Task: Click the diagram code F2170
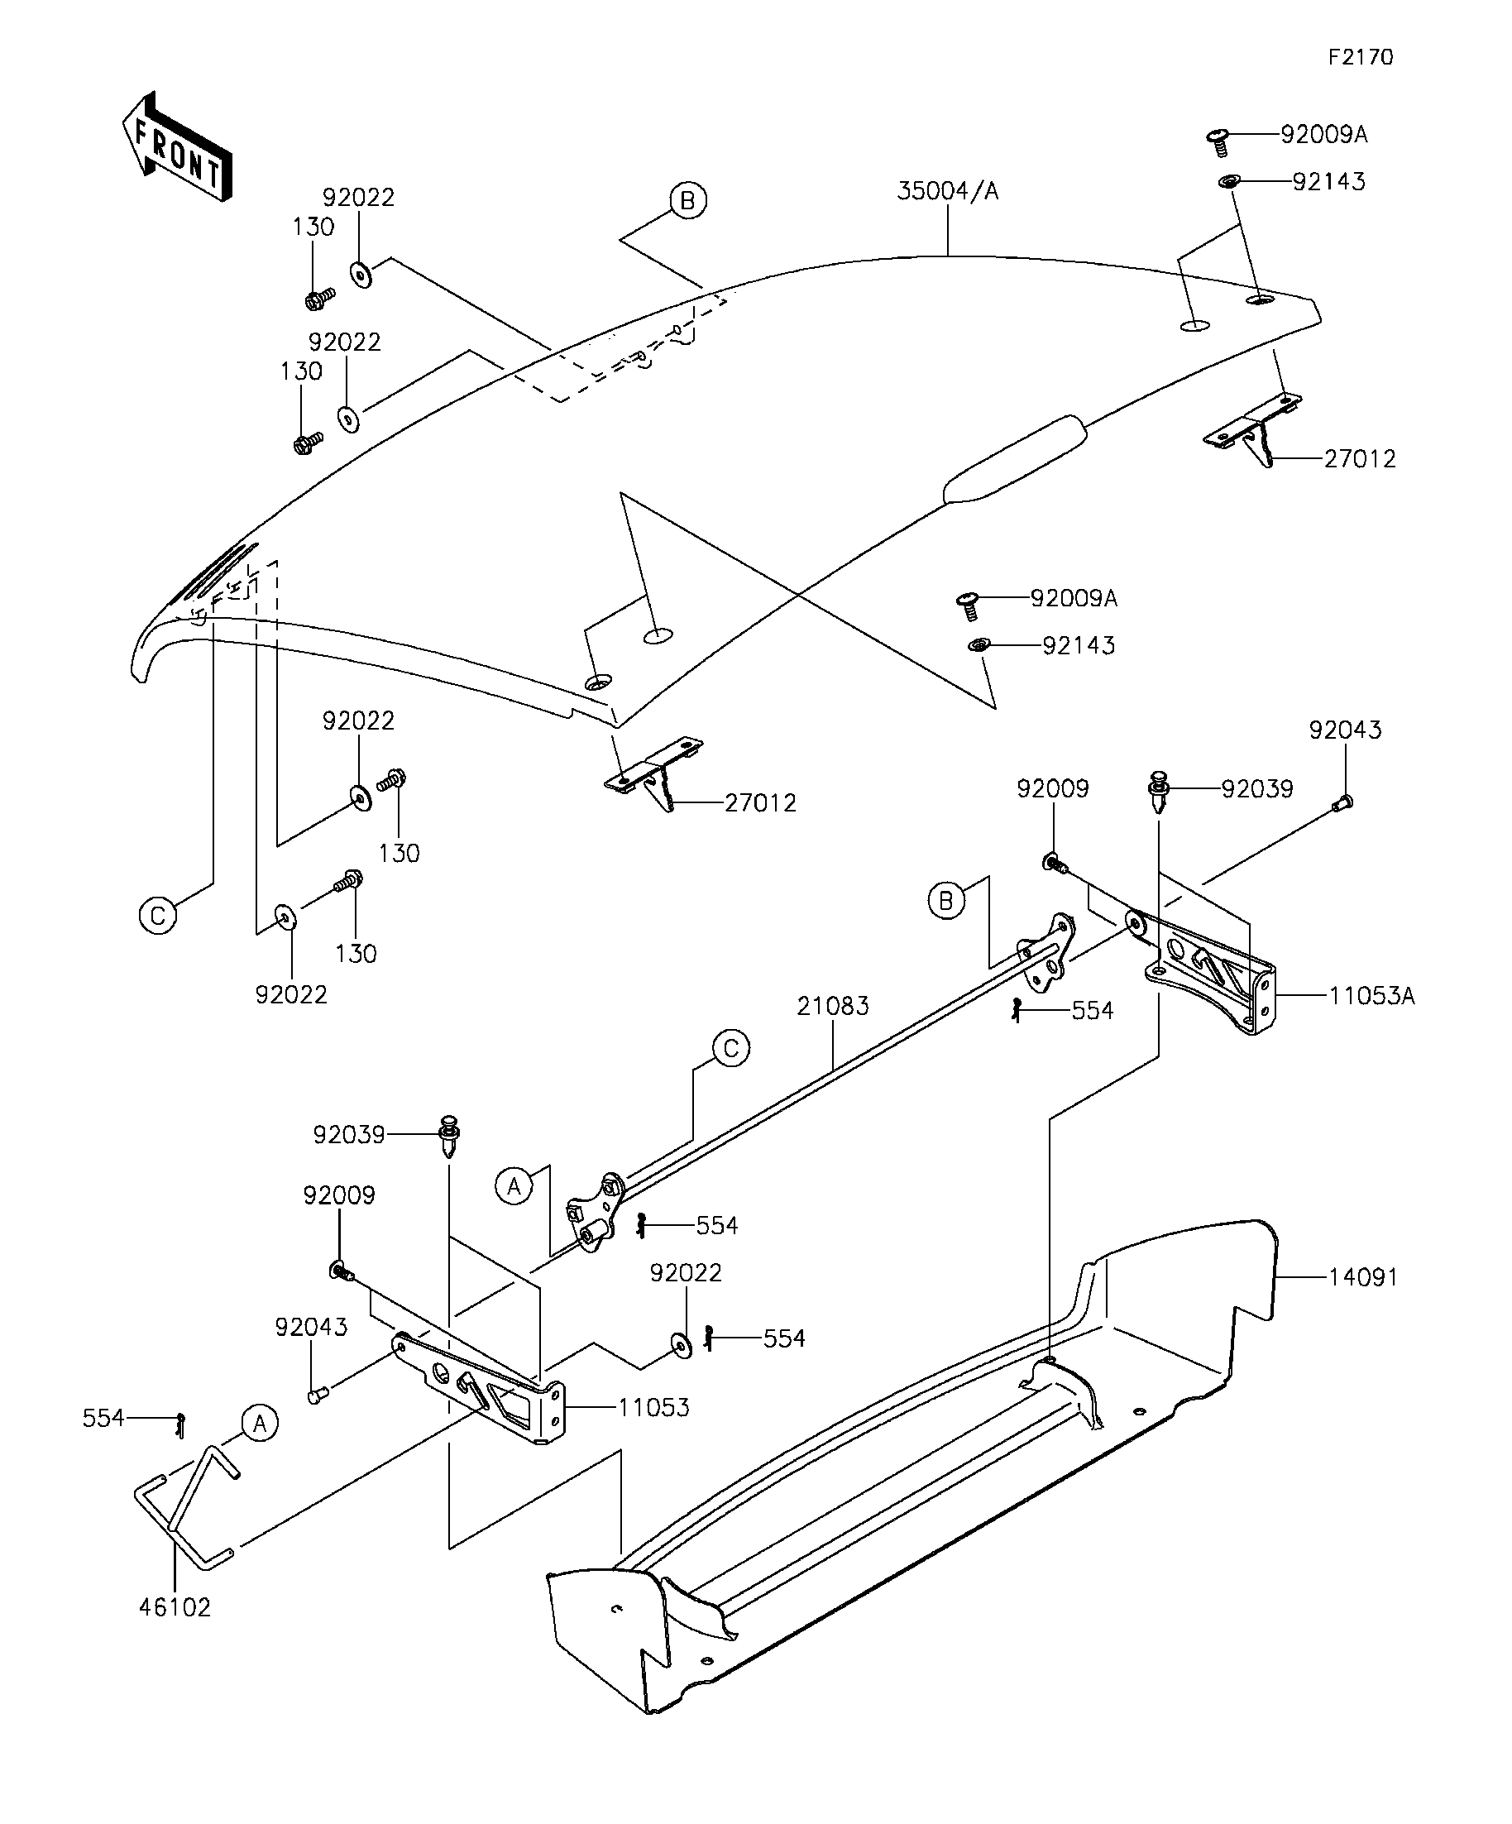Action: (x=1360, y=57)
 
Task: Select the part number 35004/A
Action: (x=948, y=191)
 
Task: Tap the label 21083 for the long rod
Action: (x=833, y=1006)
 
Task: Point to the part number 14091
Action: (x=1362, y=1277)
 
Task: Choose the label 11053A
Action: (x=1371, y=995)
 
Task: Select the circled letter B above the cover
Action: (x=688, y=201)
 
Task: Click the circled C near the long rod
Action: (x=731, y=1048)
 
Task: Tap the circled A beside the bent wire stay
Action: (x=260, y=1423)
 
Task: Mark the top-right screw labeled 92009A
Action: (x=1218, y=142)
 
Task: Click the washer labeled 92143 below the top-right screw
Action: (x=1229, y=181)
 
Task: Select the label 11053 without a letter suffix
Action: (x=653, y=1407)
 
